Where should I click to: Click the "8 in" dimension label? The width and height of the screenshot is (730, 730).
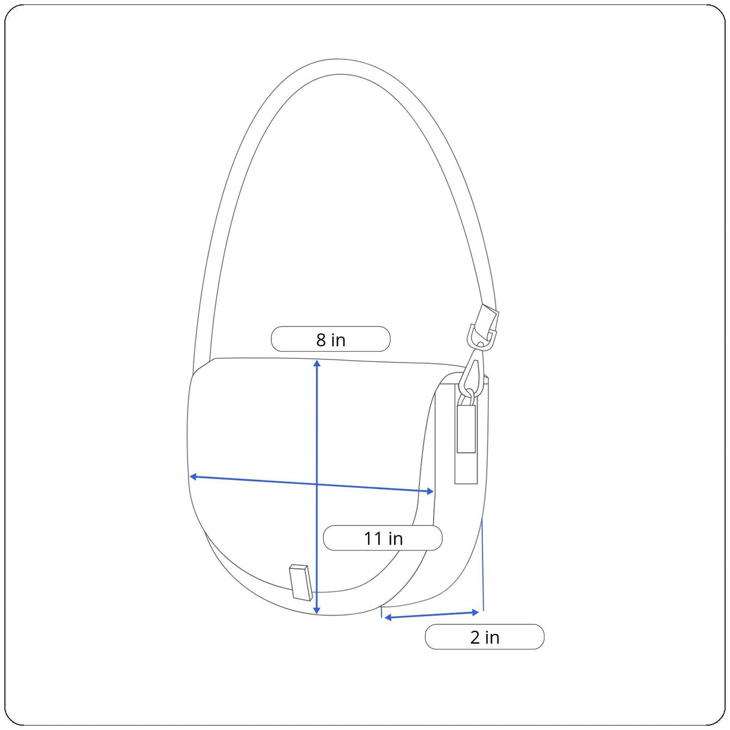click(331, 339)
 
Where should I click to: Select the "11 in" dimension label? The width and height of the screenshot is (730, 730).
click(383, 538)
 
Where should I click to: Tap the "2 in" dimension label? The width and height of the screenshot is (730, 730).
click(484, 637)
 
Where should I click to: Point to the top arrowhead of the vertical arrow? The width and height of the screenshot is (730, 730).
click(318, 363)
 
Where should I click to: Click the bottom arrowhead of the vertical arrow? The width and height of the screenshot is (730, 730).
click(318, 611)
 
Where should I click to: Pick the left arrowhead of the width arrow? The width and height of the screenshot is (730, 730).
click(192, 476)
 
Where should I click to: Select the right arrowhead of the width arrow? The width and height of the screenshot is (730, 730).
click(430, 492)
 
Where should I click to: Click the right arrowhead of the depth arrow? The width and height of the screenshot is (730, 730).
click(475, 613)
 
